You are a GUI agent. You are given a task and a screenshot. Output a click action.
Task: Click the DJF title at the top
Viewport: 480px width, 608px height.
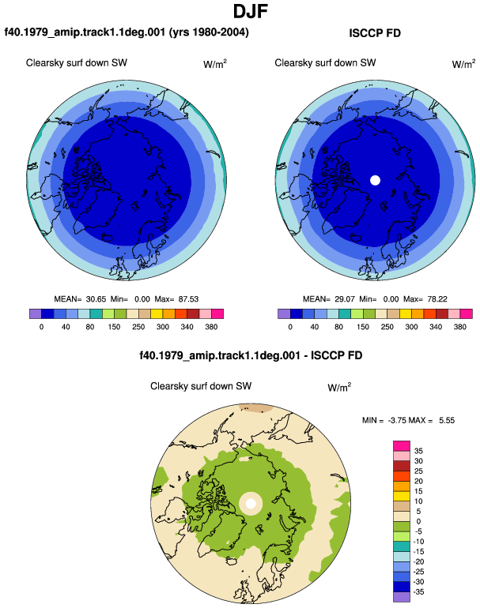point(251,11)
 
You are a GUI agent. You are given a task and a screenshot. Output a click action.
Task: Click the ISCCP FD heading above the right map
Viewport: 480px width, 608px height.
point(375,33)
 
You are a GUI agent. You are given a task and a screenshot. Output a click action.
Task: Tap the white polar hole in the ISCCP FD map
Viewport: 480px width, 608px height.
point(375,180)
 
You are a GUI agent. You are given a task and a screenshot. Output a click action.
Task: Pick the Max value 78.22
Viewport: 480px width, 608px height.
point(437,299)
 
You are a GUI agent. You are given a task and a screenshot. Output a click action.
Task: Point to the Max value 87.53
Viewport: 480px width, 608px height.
point(188,299)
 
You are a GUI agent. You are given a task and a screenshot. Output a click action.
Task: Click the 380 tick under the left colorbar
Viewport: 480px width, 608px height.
point(211,327)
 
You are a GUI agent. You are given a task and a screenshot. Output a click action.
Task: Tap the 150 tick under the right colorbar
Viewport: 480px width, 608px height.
point(363,327)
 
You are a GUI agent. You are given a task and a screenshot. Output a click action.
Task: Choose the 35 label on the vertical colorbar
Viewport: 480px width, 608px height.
point(418,451)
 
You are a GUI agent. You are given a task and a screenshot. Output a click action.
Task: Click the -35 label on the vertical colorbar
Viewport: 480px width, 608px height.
point(418,591)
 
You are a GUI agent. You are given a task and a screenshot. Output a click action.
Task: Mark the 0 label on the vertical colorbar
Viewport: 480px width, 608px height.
point(418,521)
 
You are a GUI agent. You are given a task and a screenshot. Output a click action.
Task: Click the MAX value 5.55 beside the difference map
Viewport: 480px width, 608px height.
point(447,420)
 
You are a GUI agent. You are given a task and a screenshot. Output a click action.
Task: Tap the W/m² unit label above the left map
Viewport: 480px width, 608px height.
point(215,64)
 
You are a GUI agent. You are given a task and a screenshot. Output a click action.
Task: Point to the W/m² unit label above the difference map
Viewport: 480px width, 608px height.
point(339,387)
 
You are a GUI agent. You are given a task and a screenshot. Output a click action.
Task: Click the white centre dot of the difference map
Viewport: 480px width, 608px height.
point(251,504)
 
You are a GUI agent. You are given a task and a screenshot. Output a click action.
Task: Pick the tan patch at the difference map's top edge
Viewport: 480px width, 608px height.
point(255,407)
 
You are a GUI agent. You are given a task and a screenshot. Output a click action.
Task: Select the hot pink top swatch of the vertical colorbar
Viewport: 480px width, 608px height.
point(402,446)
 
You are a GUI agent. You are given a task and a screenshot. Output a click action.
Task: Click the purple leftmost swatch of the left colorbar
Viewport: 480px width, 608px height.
point(36,313)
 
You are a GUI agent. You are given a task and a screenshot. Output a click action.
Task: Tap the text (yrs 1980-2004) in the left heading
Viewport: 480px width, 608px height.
point(209,32)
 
